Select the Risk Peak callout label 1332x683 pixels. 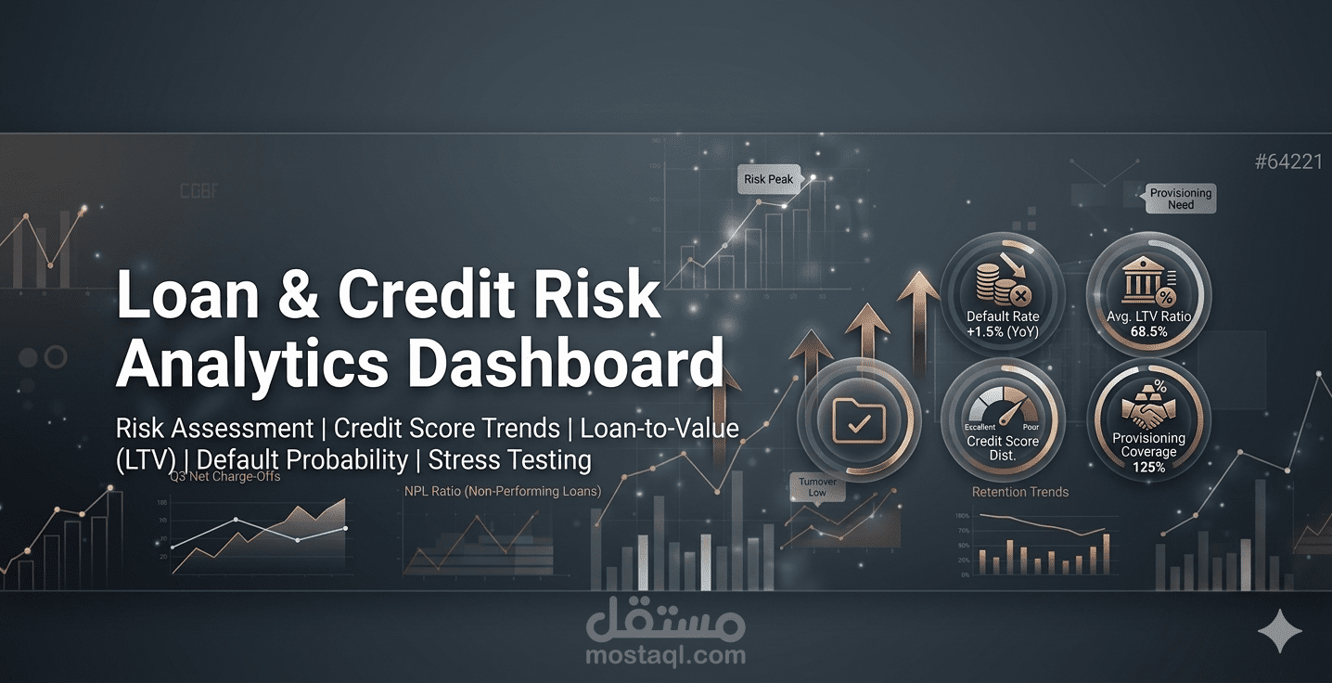tap(768, 179)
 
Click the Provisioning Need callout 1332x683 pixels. tap(1180, 199)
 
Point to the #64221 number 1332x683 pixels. tap(1287, 162)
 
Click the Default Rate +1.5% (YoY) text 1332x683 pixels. tap(1003, 324)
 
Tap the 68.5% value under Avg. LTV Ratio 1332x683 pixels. tap(1148, 331)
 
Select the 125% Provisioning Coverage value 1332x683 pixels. tap(1148, 467)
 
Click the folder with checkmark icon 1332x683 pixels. tap(858, 419)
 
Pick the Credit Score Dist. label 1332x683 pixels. tap(1003, 448)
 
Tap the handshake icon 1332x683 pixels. tap(1147, 412)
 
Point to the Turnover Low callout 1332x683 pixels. tap(816, 487)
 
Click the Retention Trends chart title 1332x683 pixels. tap(1019, 492)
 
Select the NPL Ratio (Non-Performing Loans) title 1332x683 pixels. tap(502, 491)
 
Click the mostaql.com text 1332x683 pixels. tap(665, 655)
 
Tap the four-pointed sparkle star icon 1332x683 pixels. tap(1280, 632)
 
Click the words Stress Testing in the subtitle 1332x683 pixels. tap(509, 459)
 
